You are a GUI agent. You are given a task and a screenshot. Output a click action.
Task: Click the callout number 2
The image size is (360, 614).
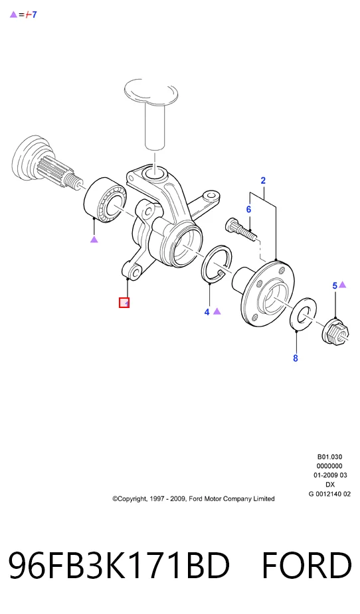(x=263, y=181)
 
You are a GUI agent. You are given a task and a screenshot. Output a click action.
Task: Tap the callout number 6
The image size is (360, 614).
(x=248, y=210)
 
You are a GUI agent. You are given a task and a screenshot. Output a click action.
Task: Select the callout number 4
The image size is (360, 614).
(x=207, y=312)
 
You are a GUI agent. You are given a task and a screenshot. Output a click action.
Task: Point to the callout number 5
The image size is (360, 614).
(x=335, y=285)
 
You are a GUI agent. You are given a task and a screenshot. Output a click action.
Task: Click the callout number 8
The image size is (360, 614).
(x=296, y=358)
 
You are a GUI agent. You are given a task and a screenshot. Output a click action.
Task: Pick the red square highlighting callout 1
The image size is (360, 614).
(x=124, y=303)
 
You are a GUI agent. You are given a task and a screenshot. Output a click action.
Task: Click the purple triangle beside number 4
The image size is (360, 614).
(x=217, y=311)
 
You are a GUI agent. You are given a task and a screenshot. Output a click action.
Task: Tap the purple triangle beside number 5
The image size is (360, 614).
(x=342, y=285)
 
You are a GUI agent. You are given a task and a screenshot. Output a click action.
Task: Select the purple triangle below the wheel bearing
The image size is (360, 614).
(x=94, y=239)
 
